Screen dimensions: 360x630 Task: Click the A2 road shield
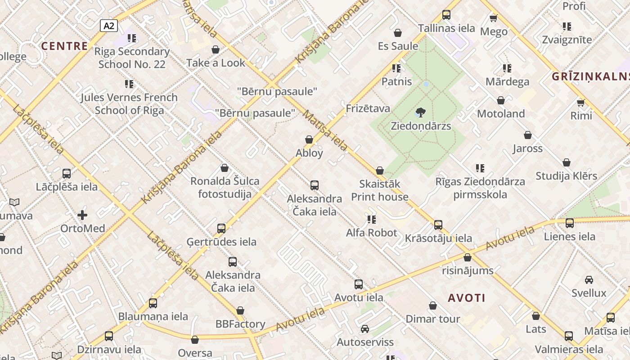pos(109,26)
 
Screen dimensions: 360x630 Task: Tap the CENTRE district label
pos(64,46)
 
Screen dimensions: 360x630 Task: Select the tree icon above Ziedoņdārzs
pos(421,112)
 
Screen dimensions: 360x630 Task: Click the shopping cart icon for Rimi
pos(581,103)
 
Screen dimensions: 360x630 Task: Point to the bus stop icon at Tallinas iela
pos(446,15)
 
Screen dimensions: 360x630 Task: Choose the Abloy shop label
pos(309,153)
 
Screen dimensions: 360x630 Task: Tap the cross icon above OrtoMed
pos(82,215)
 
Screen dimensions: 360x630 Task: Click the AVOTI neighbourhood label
pos(467,298)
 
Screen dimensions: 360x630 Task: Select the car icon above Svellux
pos(589,280)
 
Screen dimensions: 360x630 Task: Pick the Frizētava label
pos(368,108)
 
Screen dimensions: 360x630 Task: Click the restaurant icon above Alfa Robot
pos(371,220)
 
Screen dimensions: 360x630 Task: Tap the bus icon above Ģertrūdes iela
pos(221,228)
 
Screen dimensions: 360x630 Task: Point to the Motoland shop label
pos(501,113)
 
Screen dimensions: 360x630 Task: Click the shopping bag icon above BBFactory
pos(240,311)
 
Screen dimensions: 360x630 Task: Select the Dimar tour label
pos(432,319)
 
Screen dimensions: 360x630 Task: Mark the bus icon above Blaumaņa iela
pos(153,303)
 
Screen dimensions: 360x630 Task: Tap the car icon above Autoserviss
pos(365,329)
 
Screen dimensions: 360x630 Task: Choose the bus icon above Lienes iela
pos(570,223)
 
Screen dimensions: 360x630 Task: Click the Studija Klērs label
pos(566,176)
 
